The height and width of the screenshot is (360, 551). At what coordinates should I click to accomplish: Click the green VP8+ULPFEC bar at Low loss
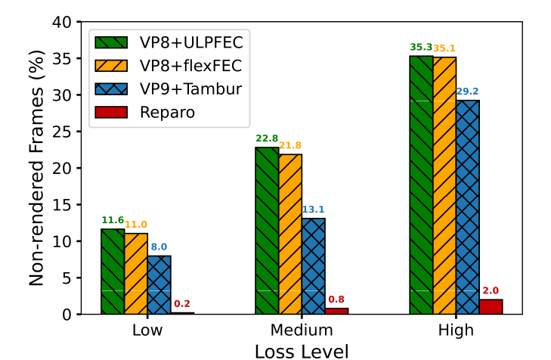point(113,272)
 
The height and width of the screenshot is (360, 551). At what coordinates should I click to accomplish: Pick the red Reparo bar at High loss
point(491,306)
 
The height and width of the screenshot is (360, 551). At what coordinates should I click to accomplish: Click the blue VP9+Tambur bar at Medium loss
point(314,266)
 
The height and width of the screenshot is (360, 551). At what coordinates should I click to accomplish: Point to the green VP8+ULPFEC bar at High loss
point(421,185)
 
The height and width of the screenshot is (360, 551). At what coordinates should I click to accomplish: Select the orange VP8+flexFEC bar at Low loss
point(136,274)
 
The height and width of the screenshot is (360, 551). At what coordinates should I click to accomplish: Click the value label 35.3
point(421,47)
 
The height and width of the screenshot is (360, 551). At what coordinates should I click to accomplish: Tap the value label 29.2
point(468,92)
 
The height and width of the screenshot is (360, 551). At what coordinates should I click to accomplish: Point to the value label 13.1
point(314,209)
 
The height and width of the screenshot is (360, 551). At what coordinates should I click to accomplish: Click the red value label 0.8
point(337,299)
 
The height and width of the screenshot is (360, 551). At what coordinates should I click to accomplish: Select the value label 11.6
point(113,220)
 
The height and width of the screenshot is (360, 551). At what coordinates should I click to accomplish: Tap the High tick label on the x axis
point(456,331)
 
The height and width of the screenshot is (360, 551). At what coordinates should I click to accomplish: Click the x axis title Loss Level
point(302,350)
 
